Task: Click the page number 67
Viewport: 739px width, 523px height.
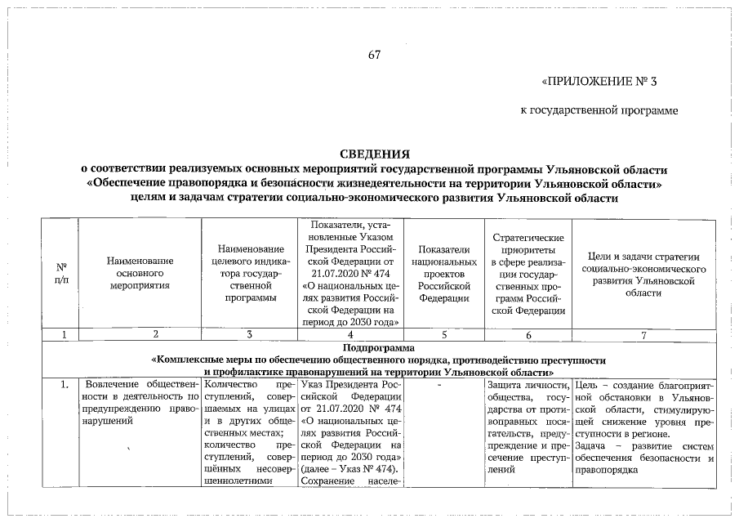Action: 375,56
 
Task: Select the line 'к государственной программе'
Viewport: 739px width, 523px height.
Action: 599,110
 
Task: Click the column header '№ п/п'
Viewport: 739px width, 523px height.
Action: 61,273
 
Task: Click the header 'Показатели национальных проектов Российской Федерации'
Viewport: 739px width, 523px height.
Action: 445,273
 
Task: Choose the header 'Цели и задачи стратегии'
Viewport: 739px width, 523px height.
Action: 643,274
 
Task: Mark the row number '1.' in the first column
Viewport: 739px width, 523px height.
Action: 62,385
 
